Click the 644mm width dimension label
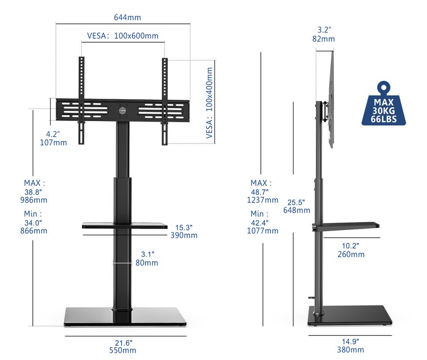pos(128,17)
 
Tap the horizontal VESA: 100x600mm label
pos(123,36)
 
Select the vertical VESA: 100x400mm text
pos(209,103)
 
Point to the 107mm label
pos(53,142)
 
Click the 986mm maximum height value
pos(34,200)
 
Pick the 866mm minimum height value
pos(34,231)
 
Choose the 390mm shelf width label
pos(184,235)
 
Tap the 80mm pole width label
pos(147,263)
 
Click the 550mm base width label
pos(123,350)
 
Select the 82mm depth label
pos(323,39)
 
